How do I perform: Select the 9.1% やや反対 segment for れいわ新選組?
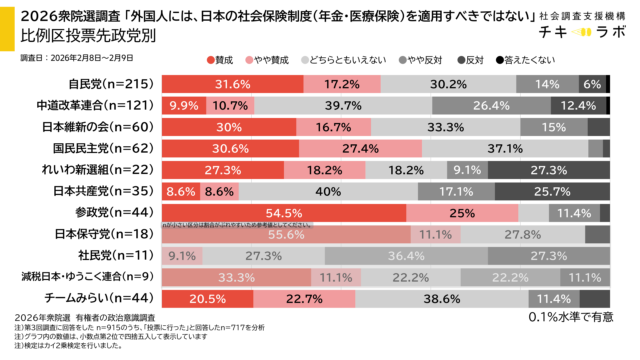tap(466, 170)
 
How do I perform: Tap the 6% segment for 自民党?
tap(592, 84)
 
